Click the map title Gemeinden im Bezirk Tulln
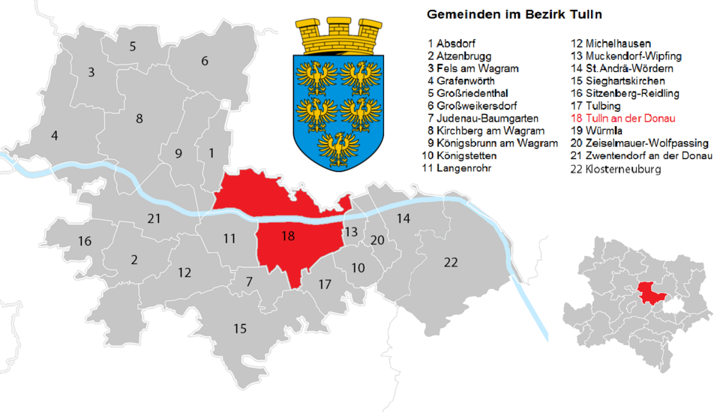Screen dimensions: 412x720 514,14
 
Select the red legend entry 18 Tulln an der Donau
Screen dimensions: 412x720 623,119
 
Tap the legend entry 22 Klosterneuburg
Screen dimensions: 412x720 616,170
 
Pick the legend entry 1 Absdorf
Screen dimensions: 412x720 451,44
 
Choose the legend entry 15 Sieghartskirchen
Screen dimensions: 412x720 618,80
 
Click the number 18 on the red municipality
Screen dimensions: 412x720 287,236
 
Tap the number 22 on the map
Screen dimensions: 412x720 451,262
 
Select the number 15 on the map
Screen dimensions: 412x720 239,328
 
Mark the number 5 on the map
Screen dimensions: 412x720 133,47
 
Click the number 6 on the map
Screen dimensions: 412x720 204,61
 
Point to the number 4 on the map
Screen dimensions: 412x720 53,136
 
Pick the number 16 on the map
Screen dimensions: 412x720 85,241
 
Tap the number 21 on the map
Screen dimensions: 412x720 154,218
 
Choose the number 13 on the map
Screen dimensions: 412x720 351,231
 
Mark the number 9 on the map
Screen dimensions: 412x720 178,154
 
